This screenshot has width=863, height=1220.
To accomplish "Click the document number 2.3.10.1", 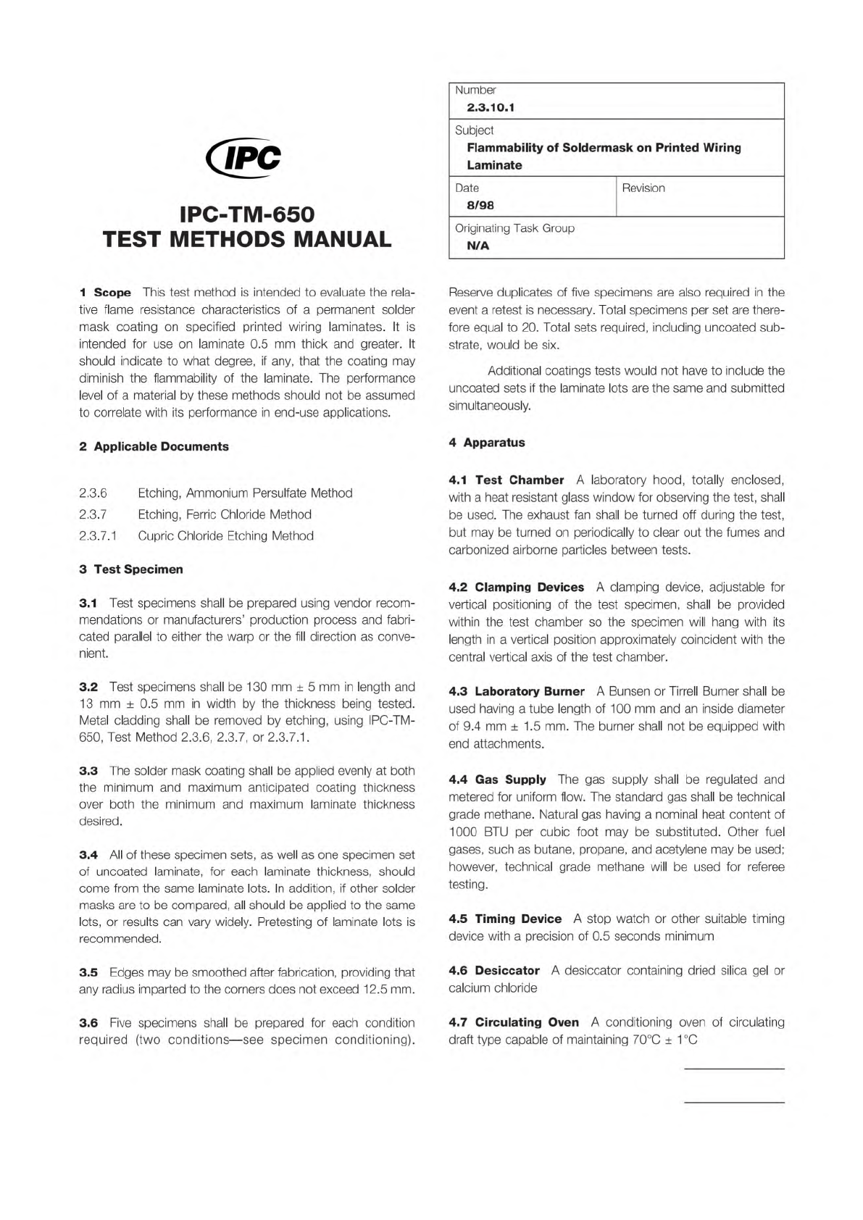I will click(x=491, y=107).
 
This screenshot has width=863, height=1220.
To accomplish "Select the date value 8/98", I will click(x=480, y=205).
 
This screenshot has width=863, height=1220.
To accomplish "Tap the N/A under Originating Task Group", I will click(x=478, y=246).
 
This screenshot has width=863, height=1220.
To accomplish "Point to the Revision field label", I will click(x=643, y=188).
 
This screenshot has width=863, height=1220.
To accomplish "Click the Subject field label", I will click(x=474, y=130).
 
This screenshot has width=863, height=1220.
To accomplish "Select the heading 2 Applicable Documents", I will click(x=154, y=446).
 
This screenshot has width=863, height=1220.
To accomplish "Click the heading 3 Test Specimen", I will click(x=131, y=569).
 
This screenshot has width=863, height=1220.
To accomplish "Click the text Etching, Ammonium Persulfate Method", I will click(x=245, y=493).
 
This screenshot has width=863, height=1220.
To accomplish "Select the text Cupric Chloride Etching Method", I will click(x=225, y=536).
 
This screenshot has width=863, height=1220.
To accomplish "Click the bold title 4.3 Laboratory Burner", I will click(x=516, y=692).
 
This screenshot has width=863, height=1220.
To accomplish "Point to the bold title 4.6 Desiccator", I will click(x=494, y=971).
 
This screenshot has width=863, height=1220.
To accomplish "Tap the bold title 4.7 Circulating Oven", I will click(x=514, y=1022).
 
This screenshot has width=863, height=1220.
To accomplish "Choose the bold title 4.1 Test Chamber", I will click(x=506, y=480).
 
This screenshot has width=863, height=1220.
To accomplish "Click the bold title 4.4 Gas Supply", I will click(x=497, y=780).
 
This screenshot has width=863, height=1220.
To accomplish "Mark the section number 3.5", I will click(x=88, y=972).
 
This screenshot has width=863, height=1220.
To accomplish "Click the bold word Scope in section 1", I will click(x=112, y=293).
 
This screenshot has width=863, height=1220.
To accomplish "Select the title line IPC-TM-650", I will click(x=247, y=215).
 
